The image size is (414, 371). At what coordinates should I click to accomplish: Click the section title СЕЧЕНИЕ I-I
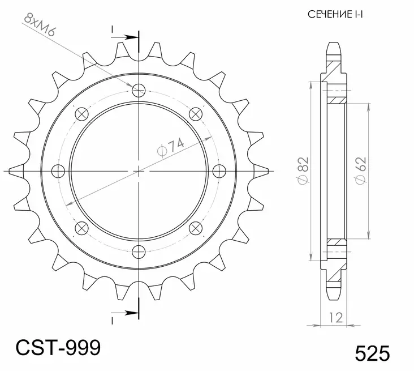335,14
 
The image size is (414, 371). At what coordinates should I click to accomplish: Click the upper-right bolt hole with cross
196,113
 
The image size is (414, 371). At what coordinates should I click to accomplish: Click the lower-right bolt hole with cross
196,227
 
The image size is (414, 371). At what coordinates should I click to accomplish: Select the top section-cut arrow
131,37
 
